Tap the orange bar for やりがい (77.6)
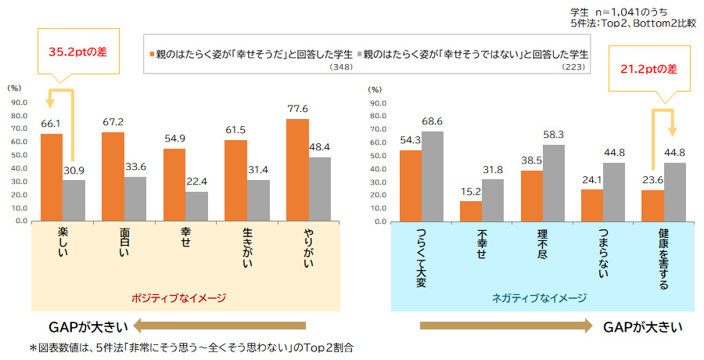[x=297, y=170]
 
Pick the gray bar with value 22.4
[x=196, y=206]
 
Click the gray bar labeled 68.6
[x=432, y=176]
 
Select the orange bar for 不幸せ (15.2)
[x=471, y=211]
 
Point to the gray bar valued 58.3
[x=553, y=182]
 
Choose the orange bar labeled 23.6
[x=652, y=205]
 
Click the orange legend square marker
[x=151, y=56]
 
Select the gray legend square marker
[x=360, y=56]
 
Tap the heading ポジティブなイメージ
[x=180, y=297]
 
